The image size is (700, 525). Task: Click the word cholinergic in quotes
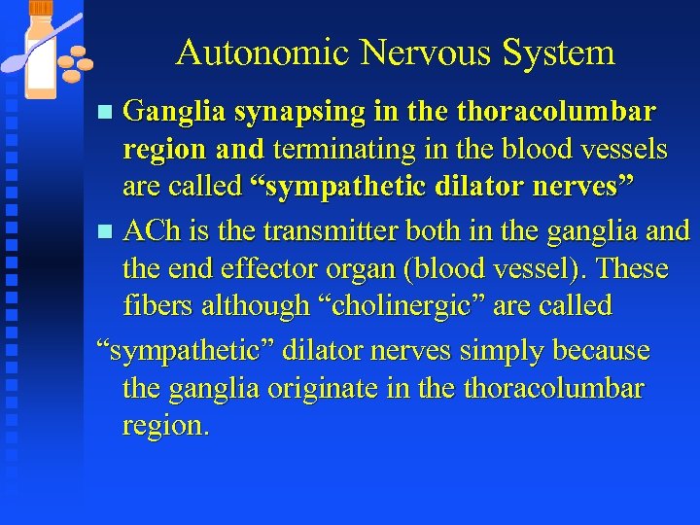(409, 306)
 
